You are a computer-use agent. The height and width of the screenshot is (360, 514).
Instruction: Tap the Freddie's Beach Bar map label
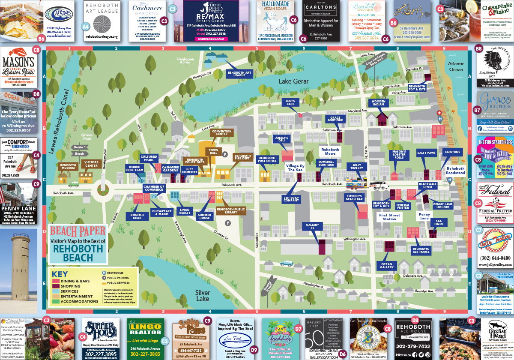[354, 198]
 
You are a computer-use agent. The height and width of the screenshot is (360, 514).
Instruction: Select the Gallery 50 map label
[313, 226]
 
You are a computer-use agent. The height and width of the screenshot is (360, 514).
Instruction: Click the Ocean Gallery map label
[387, 266]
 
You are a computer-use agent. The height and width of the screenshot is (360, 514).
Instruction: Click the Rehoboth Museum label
[68, 167]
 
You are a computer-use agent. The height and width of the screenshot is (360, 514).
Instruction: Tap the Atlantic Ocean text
[456, 66]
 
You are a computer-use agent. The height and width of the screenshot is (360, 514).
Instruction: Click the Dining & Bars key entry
[76, 280]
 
